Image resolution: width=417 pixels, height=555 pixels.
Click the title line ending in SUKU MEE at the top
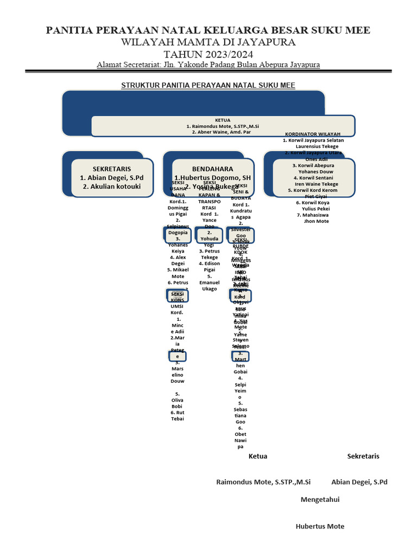tap(208, 30)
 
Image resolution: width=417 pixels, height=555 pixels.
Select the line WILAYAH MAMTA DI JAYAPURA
tap(208, 42)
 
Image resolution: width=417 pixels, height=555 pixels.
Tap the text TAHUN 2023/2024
tap(208, 54)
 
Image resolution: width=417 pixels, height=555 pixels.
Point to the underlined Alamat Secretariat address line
tap(208, 64)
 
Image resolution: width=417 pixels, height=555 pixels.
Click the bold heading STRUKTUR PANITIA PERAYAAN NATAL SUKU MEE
tap(208, 85)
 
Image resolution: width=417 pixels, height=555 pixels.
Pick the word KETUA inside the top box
tap(223, 120)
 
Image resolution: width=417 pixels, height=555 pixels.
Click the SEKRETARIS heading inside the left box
tap(112, 169)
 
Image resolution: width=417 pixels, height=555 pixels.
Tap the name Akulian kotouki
tap(112, 186)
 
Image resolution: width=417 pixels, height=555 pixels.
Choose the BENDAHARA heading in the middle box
tap(212, 169)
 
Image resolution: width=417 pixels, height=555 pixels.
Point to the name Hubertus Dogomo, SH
tap(212, 178)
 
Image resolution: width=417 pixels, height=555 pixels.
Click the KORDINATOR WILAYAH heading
tap(313, 134)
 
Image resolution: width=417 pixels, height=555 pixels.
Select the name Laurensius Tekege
tap(317, 146)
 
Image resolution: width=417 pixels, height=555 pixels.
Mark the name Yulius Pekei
tap(316, 209)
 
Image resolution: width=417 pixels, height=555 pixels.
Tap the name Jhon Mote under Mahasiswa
tap(316, 221)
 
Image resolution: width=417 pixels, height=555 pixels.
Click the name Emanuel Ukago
tap(210, 286)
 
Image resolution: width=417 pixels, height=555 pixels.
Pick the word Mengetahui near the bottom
tap(320, 500)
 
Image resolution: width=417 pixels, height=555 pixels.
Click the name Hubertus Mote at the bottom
tap(320, 526)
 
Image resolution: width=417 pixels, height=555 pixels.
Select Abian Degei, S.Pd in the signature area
tap(359, 482)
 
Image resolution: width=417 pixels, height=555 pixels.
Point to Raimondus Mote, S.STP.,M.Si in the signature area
tap(263, 482)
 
